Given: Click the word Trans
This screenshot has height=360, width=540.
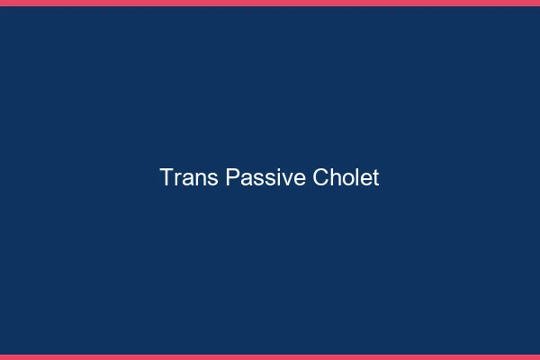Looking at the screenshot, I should [x=188, y=177].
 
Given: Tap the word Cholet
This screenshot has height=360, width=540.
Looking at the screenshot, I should [x=346, y=177].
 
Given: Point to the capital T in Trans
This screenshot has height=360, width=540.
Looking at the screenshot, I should [x=167, y=177].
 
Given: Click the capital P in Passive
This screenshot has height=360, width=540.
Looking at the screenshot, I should [x=233, y=177].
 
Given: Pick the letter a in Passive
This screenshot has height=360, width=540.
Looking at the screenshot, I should [x=246, y=179].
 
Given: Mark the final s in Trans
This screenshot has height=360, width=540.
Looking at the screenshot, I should [x=211, y=179].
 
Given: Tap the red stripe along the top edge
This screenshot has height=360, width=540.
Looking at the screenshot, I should [x=270, y=3].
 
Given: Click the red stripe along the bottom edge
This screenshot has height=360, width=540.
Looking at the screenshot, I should [x=270, y=356].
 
